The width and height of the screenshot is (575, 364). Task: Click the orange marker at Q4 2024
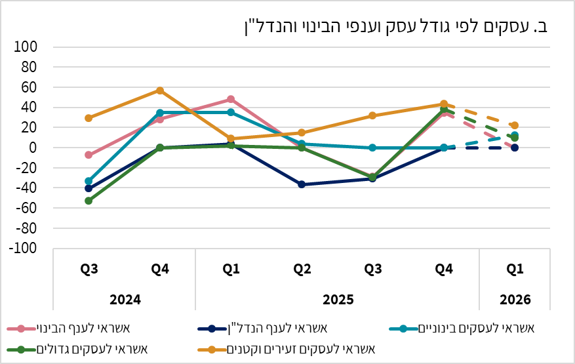(160, 91)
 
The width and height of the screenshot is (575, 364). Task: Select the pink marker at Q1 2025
(231, 100)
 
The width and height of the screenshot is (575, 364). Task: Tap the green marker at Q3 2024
(89, 201)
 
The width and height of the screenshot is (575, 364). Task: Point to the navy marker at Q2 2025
(302, 184)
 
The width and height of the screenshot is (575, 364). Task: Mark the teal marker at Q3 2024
(89, 181)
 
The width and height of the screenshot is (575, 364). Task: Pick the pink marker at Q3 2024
(89, 155)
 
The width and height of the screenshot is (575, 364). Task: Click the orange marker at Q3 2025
(372, 115)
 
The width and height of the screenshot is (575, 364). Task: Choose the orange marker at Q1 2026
(515, 125)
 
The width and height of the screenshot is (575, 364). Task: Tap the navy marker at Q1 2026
(515, 148)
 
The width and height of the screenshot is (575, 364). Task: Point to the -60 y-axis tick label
(30, 209)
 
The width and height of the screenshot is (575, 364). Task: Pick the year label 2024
(125, 300)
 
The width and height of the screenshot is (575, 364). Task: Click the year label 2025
(337, 300)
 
